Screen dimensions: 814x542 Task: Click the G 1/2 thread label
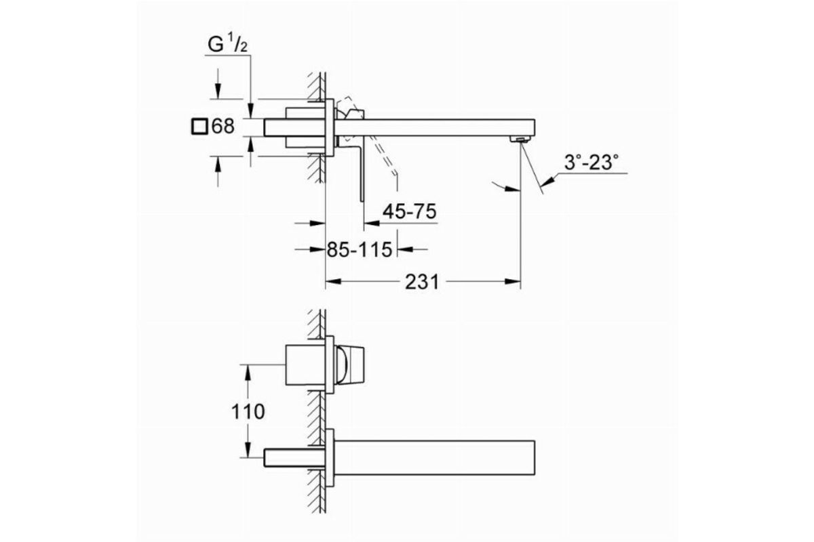pos(227,45)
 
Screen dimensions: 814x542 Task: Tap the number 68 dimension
pos(223,127)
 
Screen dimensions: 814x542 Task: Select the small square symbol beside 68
pos(199,127)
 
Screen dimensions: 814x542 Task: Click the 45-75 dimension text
pos(410,211)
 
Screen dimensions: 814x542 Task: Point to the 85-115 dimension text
pos(360,250)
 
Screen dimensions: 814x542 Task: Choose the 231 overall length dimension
pos(422,282)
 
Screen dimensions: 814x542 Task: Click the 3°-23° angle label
pos(592,163)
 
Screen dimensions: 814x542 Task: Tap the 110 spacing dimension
pos(248,412)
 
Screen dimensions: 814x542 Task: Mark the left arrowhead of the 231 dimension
pos(333,281)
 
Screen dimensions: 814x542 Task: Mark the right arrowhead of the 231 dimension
pos(513,281)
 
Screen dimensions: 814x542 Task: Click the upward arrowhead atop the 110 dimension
pos(248,373)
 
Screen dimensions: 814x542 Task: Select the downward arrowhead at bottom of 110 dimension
pos(248,450)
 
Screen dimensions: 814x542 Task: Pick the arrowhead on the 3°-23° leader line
pos(547,180)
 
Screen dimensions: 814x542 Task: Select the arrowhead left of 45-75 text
pos(372,224)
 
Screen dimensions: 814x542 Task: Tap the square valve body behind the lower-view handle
pos(305,365)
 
